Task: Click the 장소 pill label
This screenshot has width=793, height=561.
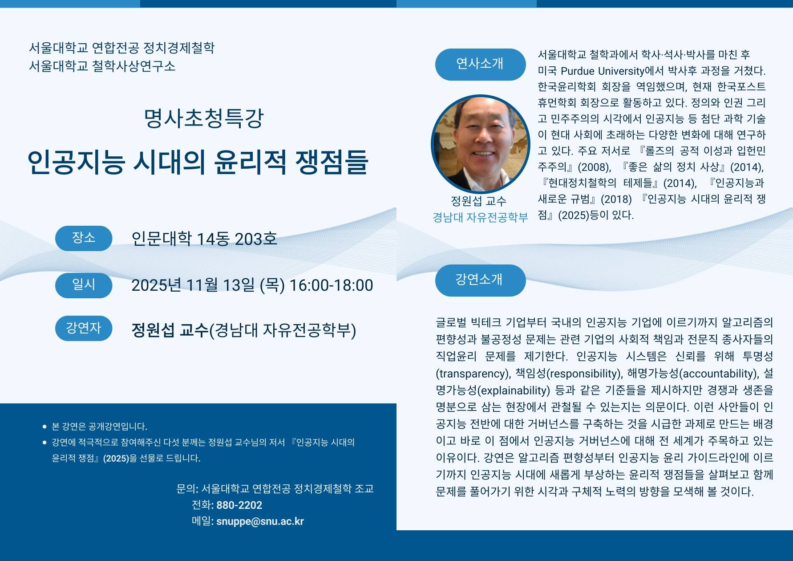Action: (84, 238)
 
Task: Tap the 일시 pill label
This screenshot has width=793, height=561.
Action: (84, 285)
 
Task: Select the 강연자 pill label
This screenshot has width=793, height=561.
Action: (84, 328)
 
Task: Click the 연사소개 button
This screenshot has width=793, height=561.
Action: (480, 64)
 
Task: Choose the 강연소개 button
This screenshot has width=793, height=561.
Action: (480, 280)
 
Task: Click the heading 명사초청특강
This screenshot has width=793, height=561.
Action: (204, 118)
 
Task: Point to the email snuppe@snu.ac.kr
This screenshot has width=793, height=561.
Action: (260, 521)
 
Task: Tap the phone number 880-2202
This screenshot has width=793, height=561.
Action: (239, 505)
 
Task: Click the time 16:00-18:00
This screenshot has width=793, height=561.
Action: (331, 285)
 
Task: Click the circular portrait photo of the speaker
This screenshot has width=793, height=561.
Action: (480, 144)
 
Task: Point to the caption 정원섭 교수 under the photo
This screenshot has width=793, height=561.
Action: (479, 201)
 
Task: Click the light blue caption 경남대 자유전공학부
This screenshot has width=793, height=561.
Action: (480, 217)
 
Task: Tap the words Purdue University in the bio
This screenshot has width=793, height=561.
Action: (603, 71)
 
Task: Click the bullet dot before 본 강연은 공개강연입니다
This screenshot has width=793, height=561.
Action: (45, 427)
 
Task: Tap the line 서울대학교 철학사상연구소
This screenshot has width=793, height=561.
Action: (102, 66)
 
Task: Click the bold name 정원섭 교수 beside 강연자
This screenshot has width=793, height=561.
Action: (170, 330)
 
